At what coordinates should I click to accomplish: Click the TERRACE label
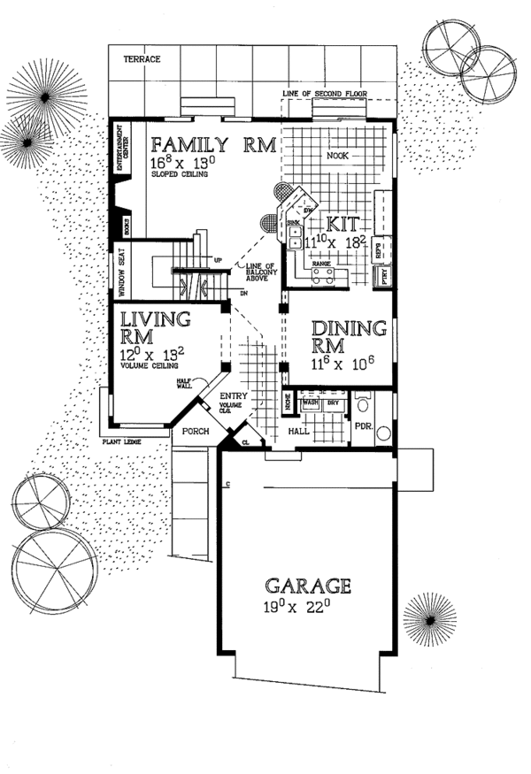point(142,58)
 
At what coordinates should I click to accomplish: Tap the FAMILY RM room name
point(213,145)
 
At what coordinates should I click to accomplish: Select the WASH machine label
point(310,402)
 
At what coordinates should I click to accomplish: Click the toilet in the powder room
point(363,404)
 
